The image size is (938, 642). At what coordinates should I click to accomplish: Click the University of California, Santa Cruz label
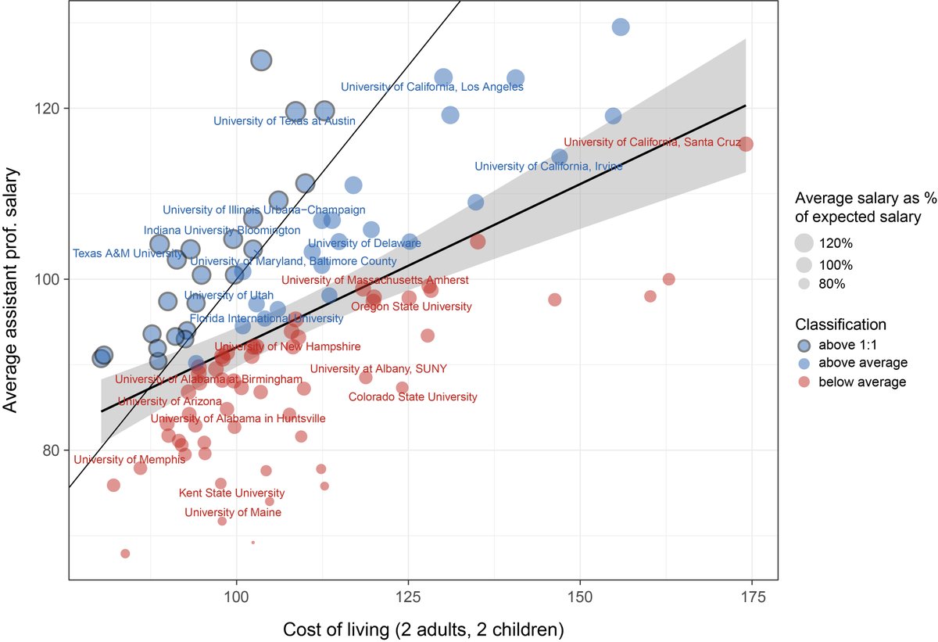[x=652, y=142]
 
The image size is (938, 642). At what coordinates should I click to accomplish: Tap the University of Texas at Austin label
[x=285, y=121]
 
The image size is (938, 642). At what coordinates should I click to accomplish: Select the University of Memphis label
[x=130, y=460]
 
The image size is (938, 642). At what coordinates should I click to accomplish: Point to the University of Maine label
[x=233, y=513]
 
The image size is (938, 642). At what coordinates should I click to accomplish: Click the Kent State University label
[x=232, y=493]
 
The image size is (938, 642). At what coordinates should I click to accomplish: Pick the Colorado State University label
[x=413, y=397]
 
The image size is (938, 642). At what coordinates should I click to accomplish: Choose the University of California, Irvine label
[x=549, y=167]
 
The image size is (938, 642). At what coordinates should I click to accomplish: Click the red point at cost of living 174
[x=746, y=144]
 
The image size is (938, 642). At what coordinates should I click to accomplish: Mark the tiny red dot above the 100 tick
[x=253, y=542]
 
